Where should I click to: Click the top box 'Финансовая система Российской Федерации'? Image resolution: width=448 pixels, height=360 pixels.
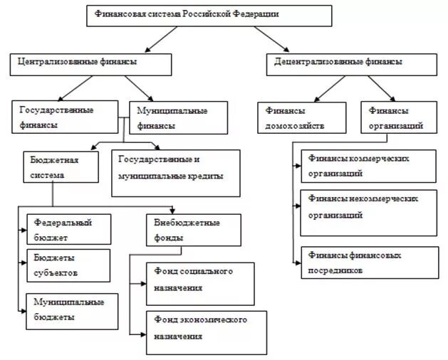coord(211,16)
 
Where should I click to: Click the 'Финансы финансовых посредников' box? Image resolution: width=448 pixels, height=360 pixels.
coord(369,262)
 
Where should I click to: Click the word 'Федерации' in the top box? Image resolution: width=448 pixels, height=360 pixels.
coord(257,14)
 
